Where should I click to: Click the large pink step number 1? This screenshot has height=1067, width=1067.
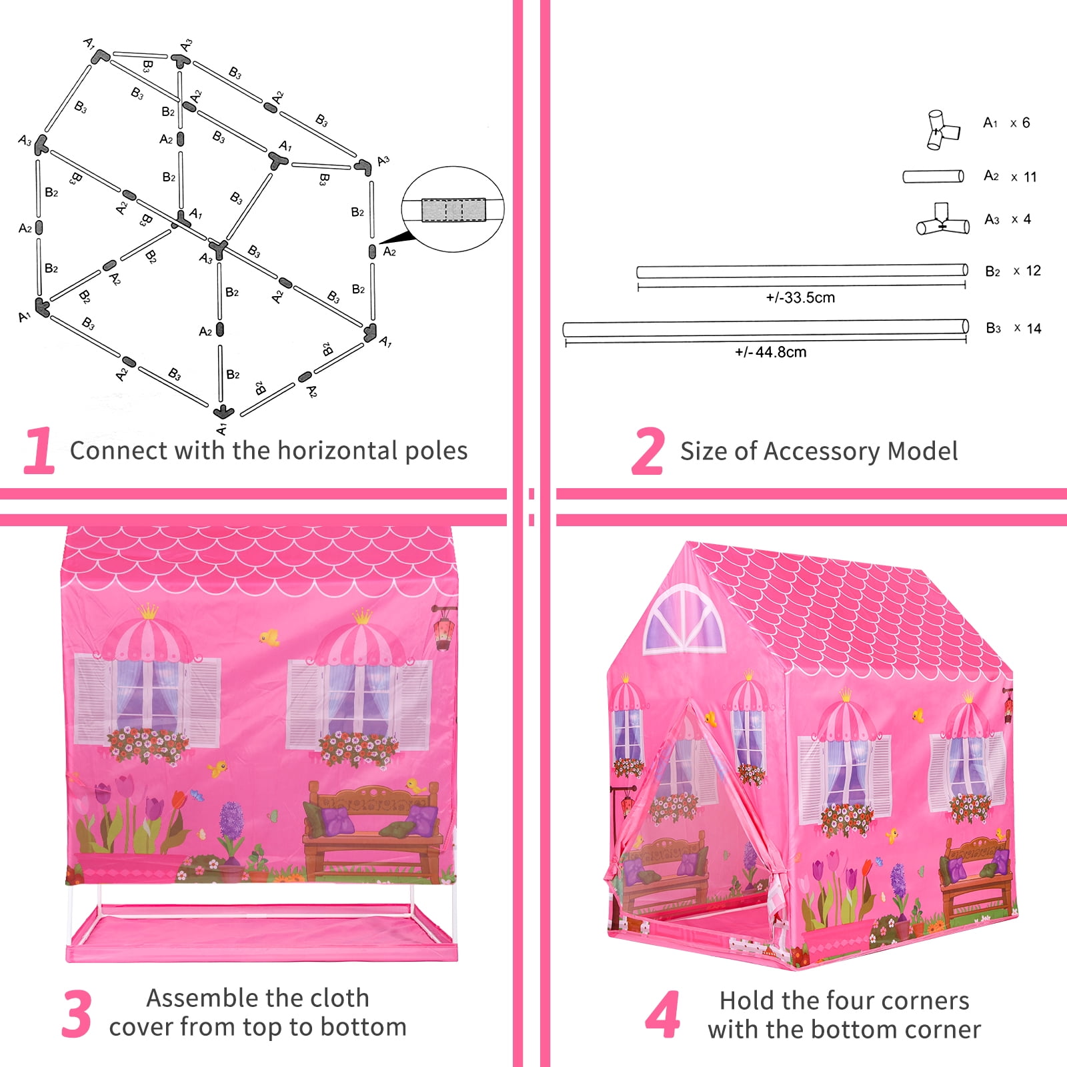[40, 451]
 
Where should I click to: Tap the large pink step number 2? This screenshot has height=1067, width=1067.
[648, 451]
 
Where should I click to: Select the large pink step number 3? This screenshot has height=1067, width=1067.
[77, 1014]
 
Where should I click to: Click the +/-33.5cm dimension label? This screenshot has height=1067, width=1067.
[800, 297]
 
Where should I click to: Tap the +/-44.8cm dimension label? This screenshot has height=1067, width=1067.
[770, 351]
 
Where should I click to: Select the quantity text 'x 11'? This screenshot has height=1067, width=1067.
[1024, 177]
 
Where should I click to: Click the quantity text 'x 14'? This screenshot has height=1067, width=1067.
[1028, 328]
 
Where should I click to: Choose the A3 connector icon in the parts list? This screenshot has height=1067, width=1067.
[942, 221]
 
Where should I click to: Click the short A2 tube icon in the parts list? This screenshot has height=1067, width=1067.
[933, 177]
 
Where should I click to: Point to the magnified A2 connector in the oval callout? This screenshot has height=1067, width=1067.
[453, 209]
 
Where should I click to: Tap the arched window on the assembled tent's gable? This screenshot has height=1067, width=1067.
[684, 619]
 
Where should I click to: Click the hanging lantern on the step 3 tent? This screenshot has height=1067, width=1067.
[442, 628]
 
